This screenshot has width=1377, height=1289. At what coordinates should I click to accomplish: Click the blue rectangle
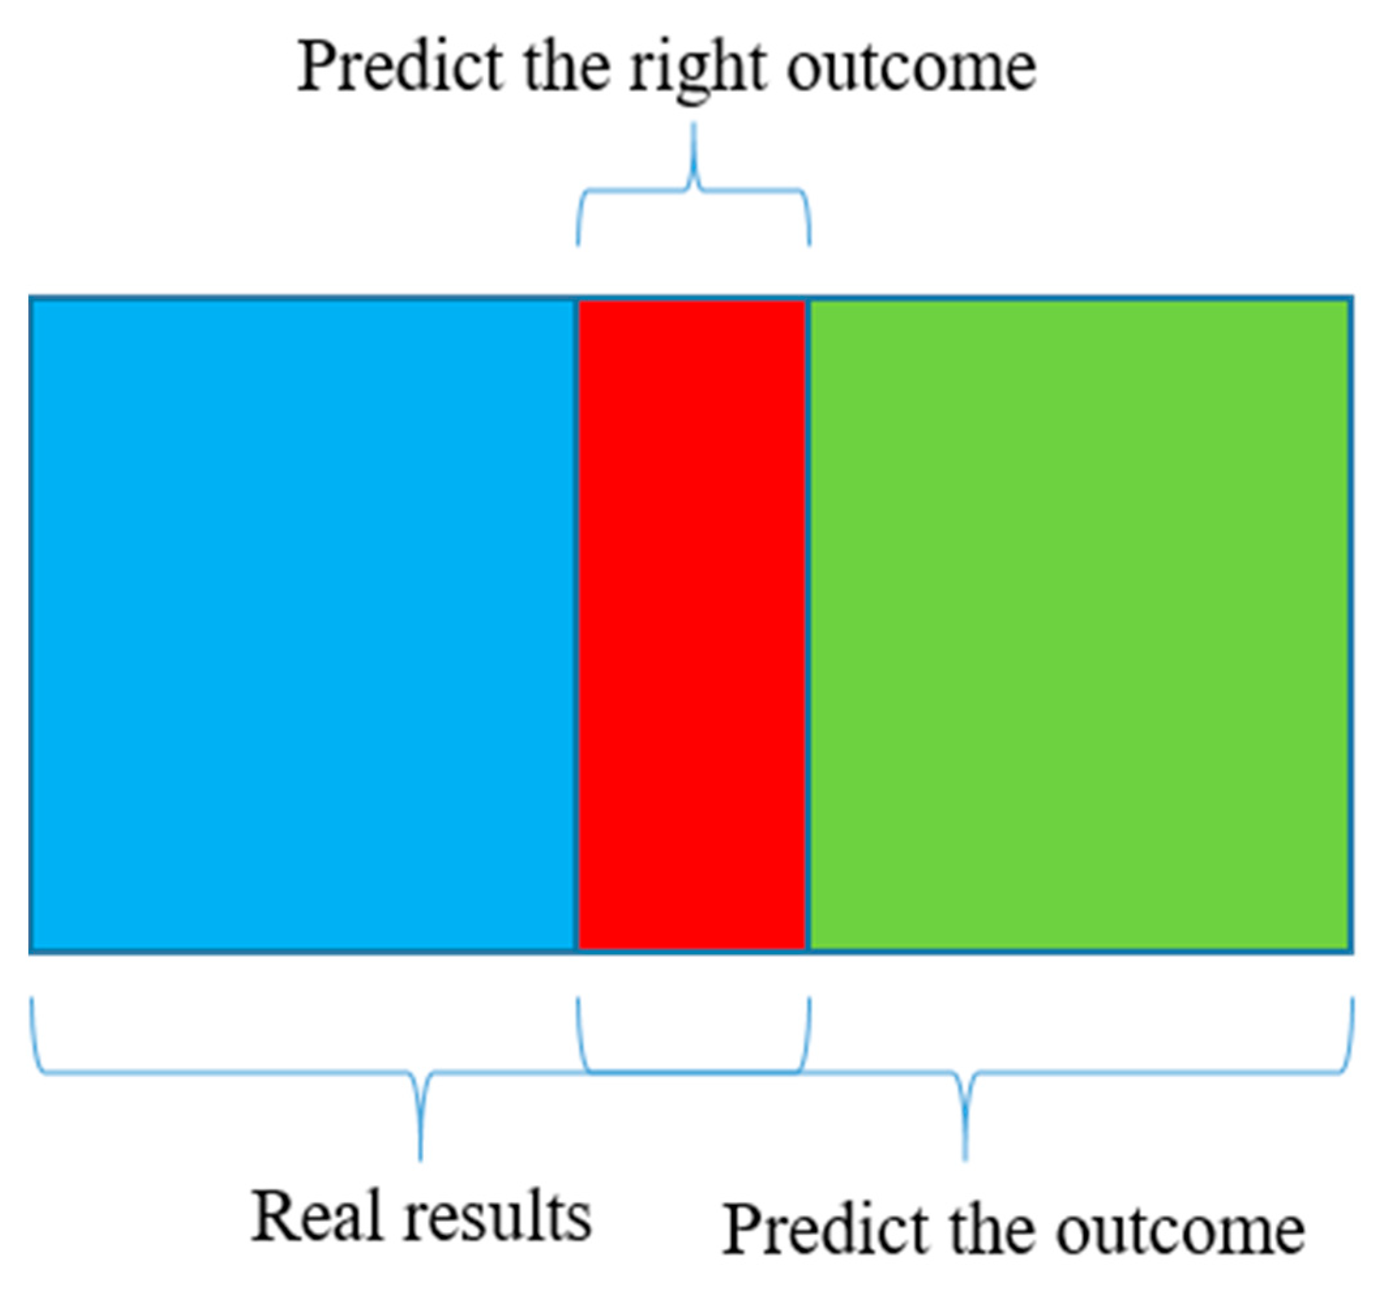click(303, 625)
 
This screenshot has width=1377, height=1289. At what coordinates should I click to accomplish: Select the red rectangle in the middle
click(692, 625)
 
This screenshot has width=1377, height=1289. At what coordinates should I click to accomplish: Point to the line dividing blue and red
click(577, 625)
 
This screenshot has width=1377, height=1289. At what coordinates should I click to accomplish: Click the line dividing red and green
click(808, 625)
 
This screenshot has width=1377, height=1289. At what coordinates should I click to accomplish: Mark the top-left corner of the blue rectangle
click(30, 296)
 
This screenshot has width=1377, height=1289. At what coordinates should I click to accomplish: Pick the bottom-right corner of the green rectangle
click(1353, 953)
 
